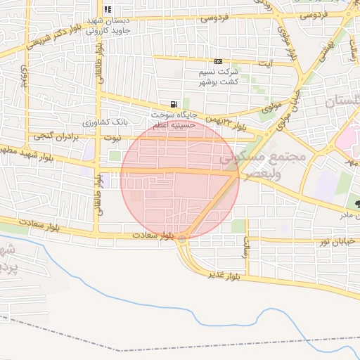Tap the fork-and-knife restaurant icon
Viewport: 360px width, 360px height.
point(108,10)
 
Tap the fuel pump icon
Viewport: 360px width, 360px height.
point(173,104)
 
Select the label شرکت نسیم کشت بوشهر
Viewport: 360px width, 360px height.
point(220,77)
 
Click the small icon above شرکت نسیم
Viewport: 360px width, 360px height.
point(219,62)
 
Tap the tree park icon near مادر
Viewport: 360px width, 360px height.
point(349,204)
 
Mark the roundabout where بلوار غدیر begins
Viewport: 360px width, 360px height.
point(183,239)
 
